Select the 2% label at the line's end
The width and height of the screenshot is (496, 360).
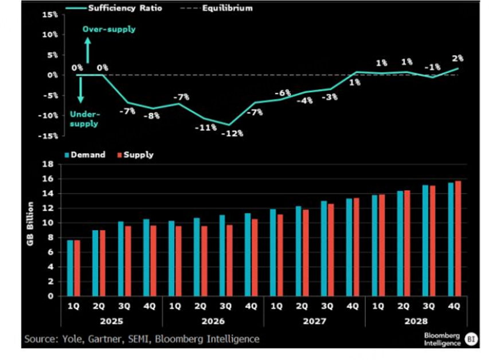coord(457,58)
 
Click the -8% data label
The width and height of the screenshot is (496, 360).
coord(153,116)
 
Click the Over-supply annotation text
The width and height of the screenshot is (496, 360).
coord(109,29)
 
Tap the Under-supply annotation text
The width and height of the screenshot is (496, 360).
coord(84,119)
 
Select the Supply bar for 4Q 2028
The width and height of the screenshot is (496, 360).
coord(458,238)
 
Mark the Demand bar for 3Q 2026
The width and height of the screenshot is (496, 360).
coord(222,256)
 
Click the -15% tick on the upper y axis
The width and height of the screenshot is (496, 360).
coord(49,136)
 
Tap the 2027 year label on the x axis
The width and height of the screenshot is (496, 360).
coord(314,322)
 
